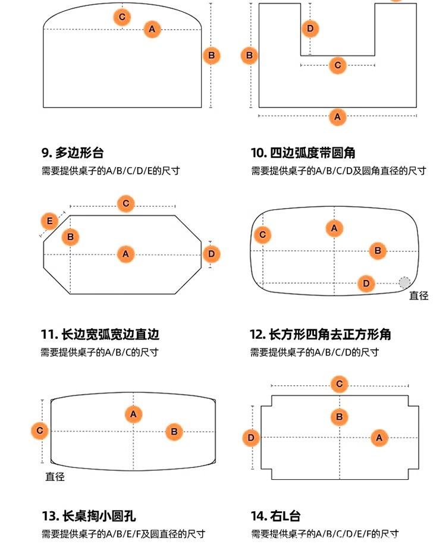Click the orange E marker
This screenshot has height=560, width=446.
pyautogui.click(x=50, y=222)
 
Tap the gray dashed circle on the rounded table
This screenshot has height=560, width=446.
pyautogui.click(x=404, y=282)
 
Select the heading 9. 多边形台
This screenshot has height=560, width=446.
pyautogui.click(x=73, y=153)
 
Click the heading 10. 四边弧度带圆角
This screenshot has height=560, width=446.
pyautogui.click(x=303, y=153)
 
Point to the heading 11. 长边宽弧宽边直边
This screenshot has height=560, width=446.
pyautogui.click(x=100, y=334)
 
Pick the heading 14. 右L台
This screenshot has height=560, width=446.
pyautogui.click(x=275, y=515)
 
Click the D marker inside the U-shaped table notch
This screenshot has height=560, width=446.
pyautogui.click(x=310, y=28)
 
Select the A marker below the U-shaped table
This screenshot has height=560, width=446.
pyautogui.click(x=337, y=117)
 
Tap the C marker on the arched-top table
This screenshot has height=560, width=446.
pyautogui.click(x=122, y=17)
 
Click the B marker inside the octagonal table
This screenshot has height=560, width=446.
pyautogui.click(x=70, y=237)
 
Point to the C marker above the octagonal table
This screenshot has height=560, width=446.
pyautogui.click(x=126, y=204)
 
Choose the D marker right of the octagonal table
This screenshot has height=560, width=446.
pyautogui.click(x=211, y=254)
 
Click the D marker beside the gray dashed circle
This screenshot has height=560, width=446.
pyautogui.click(x=366, y=284)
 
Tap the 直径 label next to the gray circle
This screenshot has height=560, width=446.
pyautogui.click(x=419, y=295)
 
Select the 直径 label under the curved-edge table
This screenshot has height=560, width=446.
pyautogui.click(x=55, y=477)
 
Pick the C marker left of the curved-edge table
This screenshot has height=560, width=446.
pyautogui.click(x=40, y=430)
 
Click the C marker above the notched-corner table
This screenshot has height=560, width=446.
pyautogui.click(x=339, y=384)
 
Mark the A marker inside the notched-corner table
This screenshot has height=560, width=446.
pyautogui.click(x=379, y=439)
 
